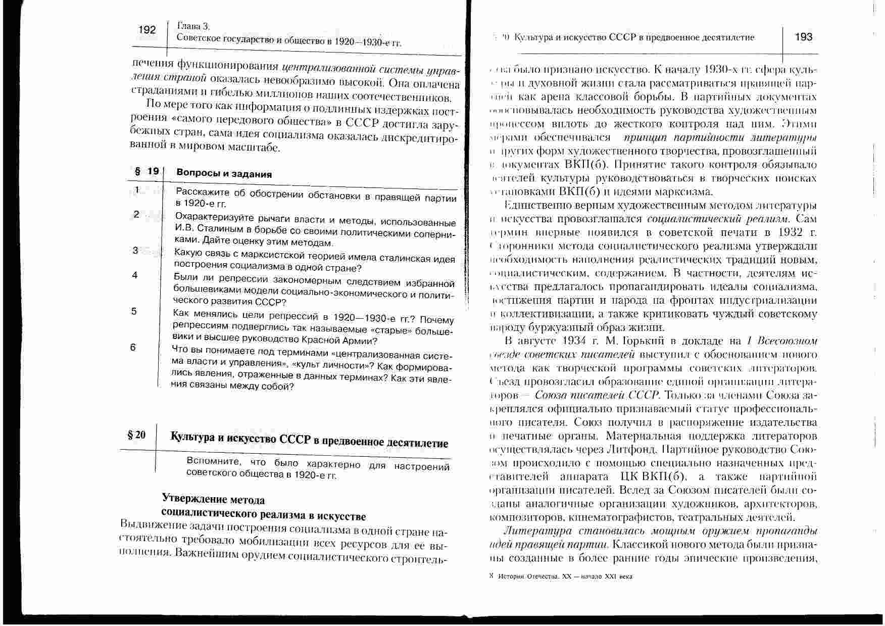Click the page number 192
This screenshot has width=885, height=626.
tap(147, 30)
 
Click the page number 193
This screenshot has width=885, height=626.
tap(803, 37)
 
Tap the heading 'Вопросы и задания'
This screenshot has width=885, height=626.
tap(224, 174)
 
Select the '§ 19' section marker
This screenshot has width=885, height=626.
tap(146, 172)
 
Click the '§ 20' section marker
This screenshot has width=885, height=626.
tap(136, 435)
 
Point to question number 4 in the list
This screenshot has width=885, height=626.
tap(135, 275)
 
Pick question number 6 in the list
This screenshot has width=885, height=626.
tap(133, 347)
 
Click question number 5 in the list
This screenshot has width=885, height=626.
tap(134, 311)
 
